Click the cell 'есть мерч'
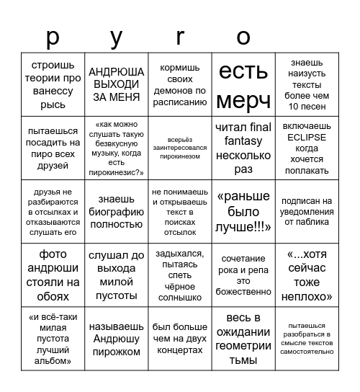(x=243, y=84)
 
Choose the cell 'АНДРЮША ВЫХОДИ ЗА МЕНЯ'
(x=117, y=84)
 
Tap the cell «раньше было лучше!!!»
(x=243, y=211)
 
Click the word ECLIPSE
(x=307, y=137)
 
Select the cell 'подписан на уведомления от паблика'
(x=307, y=211)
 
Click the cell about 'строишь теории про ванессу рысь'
(x=53, y=84)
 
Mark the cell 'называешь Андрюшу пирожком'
(x=117, y=338)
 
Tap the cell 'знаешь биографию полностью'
(x=117, y=211)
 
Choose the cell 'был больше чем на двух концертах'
(x=180, y=338)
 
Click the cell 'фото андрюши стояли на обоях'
(x=53, y=275)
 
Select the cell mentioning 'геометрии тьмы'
(x=243, y=338)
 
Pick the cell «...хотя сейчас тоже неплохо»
(x=307, y=275)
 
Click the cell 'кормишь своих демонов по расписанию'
(x=180, y=84)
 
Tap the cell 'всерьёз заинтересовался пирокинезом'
(x=180, y=148)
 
